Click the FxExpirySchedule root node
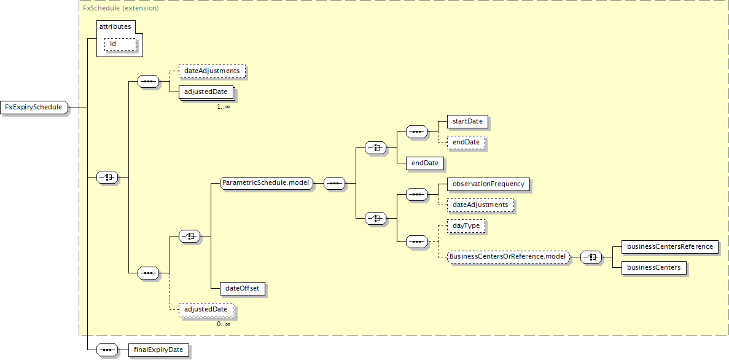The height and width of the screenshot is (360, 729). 34,108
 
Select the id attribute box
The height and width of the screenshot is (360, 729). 120,44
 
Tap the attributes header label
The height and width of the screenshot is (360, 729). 115,26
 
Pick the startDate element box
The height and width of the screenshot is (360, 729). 467,122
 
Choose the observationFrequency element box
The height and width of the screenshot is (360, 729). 488,184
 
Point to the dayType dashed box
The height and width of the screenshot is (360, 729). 466,226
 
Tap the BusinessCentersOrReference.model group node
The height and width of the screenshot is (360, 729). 509,257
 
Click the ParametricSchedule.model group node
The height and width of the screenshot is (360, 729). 267,183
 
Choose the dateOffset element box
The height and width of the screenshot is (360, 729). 243,288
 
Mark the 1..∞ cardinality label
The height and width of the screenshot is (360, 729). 223,106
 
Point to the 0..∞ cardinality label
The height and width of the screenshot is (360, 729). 223,324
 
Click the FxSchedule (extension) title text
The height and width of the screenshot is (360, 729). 121,9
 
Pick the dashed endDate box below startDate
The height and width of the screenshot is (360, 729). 467,143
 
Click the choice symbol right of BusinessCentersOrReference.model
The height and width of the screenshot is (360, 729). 590,257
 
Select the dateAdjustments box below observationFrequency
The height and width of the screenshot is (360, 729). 480,205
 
